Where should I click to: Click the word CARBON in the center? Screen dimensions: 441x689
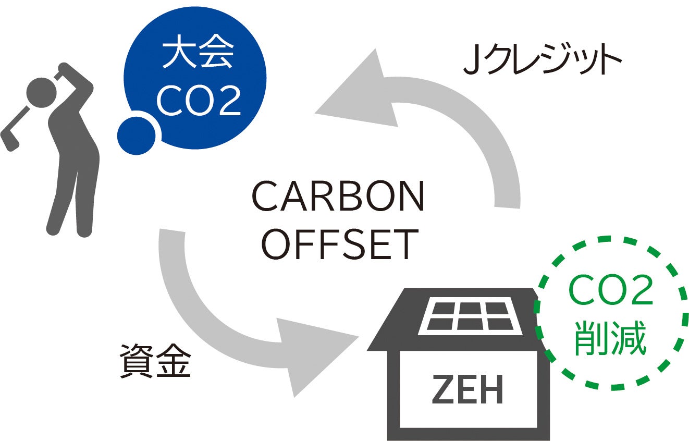[338, 197]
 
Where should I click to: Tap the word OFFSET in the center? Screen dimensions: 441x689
[340, 244]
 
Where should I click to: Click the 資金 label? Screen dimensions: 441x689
[155, 360]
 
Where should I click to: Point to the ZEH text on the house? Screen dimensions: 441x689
[467, 389]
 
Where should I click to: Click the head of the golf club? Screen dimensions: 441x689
[9, 141]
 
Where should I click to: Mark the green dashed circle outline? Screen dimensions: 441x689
[683, 313]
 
